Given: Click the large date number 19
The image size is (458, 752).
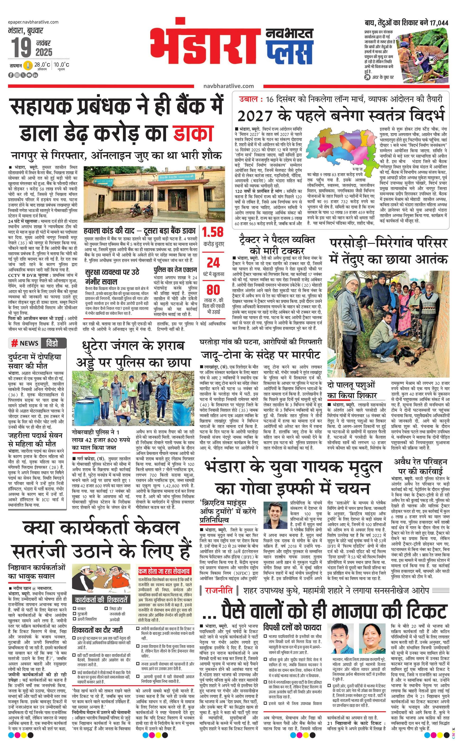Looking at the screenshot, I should pos(21,48).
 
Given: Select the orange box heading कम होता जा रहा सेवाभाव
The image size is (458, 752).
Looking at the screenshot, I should pos(165,571).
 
